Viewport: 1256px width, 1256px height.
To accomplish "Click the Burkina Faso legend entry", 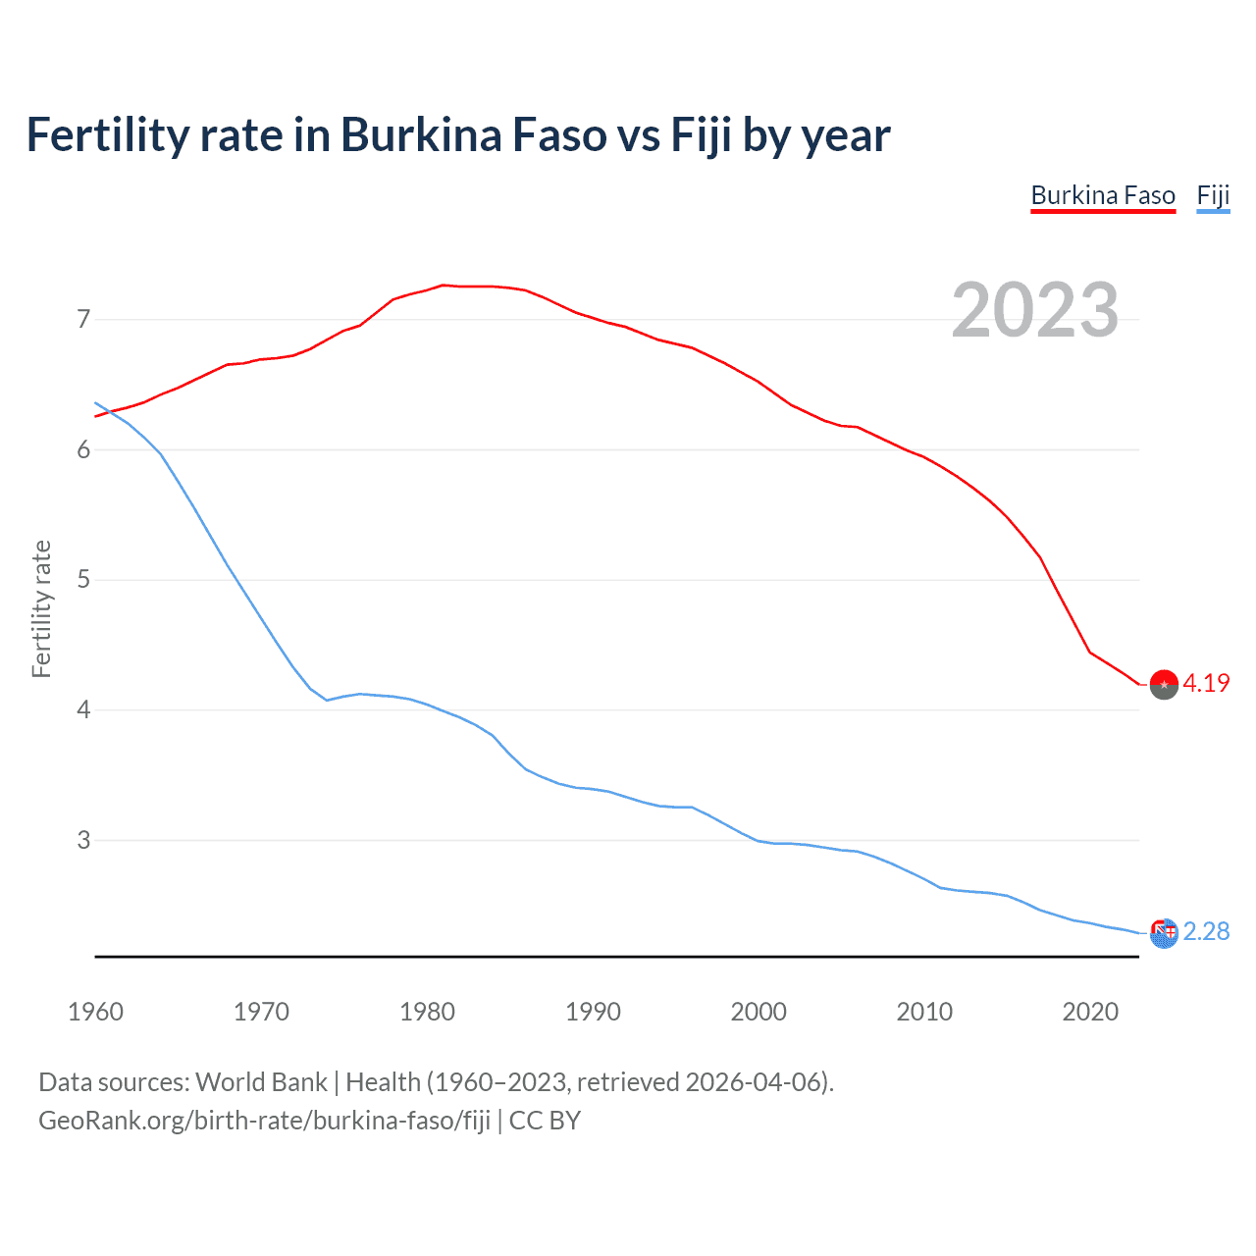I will [x=1103, y=195].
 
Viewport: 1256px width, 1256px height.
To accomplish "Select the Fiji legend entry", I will [x=1213, y=195].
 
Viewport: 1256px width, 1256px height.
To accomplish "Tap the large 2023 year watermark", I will [x=1035, y=310].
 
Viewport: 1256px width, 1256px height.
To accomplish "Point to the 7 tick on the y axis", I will [x=83, y=319].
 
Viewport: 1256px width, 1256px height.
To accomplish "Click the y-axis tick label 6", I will [x=83, y=449].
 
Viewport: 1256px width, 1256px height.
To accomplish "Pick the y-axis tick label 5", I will [x=83, y=580].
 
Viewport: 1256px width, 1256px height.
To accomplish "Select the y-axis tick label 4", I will [x=83, y=709].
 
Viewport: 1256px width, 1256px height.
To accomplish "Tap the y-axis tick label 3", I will [x=83, y=840].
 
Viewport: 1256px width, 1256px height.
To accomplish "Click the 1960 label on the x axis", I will [x=95, y=1012].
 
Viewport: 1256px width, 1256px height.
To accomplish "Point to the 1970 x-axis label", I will [x=261, y=1012].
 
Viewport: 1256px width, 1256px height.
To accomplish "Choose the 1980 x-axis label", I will [x=427, y=1012].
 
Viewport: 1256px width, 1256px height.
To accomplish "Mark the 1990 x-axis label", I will [x=593, y=1012].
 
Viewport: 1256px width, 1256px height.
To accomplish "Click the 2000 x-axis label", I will [x=759, y=1012].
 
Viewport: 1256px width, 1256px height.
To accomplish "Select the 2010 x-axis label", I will [x=924, y=1012].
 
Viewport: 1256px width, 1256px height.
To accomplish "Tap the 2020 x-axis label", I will [x=1090, y=1012].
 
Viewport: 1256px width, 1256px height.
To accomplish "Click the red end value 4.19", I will [x=1206, y=684].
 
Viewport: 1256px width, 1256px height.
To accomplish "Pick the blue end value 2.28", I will [x=1206, y=931].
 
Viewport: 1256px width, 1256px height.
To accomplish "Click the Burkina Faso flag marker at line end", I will [x=1164, y=685].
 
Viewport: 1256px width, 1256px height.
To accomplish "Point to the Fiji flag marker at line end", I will [x=1164, y=933].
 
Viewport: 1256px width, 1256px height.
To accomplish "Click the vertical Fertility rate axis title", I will [x=41, y=608].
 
